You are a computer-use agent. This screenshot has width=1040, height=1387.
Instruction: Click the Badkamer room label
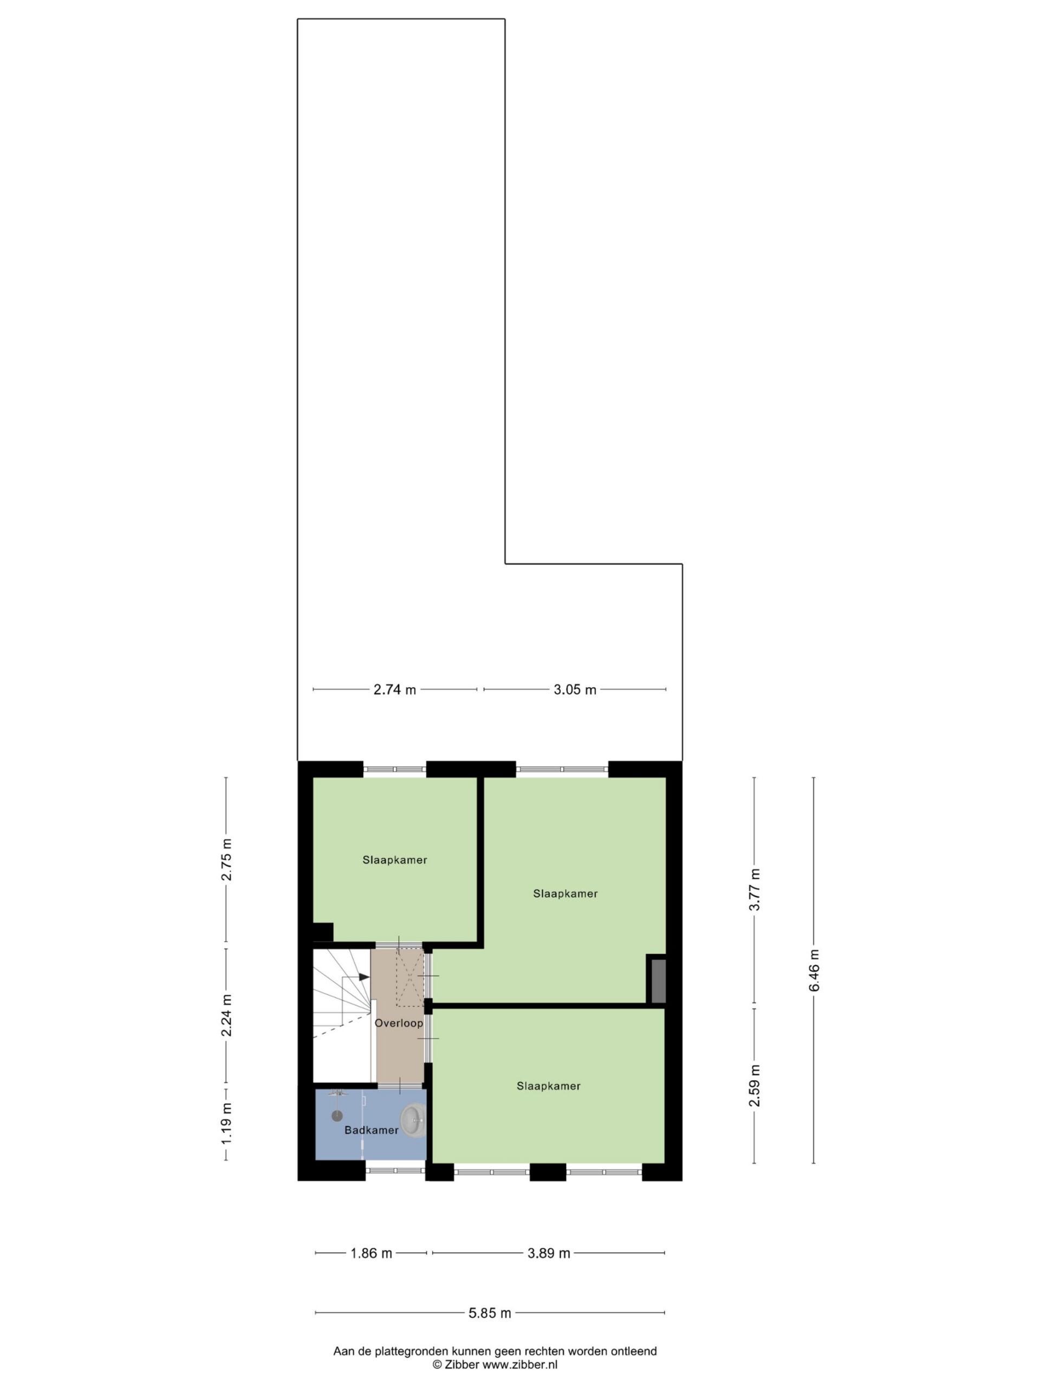click(371, 1130)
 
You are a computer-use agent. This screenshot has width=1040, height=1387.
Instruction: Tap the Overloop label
click(399, 1023)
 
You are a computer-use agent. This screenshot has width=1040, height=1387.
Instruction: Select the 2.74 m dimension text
click(395, 690)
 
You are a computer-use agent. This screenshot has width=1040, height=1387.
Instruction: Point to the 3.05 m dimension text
click(575, 690)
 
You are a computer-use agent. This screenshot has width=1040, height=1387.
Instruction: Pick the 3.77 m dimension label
click(755, 890)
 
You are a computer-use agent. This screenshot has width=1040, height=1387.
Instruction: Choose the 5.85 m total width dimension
click(490, 1312)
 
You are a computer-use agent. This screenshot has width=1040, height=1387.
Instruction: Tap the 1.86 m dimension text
click(371, 1253)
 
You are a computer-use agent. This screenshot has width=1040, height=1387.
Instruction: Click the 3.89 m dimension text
click(549, 1253)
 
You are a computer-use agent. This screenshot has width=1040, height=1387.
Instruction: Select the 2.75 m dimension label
click(226, 860)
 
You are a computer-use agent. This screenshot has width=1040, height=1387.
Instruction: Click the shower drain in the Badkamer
click(337, 1116)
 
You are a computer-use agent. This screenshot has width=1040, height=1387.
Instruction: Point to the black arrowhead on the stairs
click(364, 977)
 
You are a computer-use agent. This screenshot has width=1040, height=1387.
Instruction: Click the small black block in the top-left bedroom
click(323, 932)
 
